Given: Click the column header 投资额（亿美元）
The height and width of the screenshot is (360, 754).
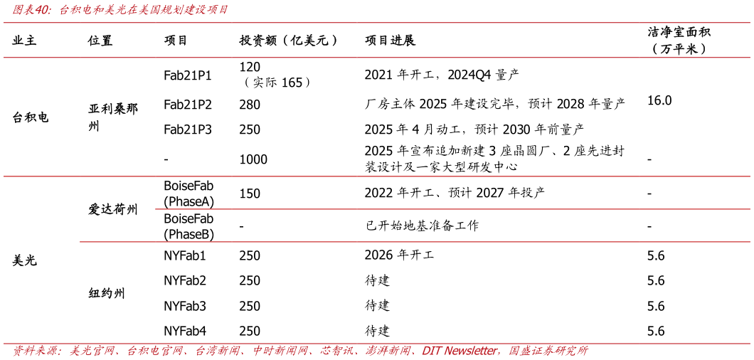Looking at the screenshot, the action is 289,41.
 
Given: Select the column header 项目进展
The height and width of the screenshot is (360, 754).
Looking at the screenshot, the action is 390,41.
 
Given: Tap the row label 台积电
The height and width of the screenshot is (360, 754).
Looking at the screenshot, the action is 31,117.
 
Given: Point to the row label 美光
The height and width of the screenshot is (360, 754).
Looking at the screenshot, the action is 24,261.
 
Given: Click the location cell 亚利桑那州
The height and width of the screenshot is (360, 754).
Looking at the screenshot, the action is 113,117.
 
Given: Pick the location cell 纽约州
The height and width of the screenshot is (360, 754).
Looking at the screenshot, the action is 107,292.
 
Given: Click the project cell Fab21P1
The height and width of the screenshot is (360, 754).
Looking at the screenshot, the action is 188,75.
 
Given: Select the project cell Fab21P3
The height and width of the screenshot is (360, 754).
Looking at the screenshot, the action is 188,129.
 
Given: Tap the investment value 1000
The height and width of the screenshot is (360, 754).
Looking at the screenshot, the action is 253,160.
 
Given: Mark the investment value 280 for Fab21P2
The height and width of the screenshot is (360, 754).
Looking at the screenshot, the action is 250,104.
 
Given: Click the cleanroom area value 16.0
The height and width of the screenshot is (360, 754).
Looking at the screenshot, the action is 660,100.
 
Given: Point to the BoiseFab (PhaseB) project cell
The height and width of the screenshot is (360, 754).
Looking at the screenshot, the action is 189,226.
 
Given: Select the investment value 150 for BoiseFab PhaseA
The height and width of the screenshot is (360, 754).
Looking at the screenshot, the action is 250,194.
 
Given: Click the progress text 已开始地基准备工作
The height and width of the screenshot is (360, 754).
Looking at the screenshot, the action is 422,226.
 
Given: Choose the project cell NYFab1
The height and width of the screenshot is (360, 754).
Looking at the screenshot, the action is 185,255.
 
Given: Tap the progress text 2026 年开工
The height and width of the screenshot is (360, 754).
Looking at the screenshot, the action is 400,255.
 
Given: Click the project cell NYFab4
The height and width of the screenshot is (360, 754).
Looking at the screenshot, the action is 185,331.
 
